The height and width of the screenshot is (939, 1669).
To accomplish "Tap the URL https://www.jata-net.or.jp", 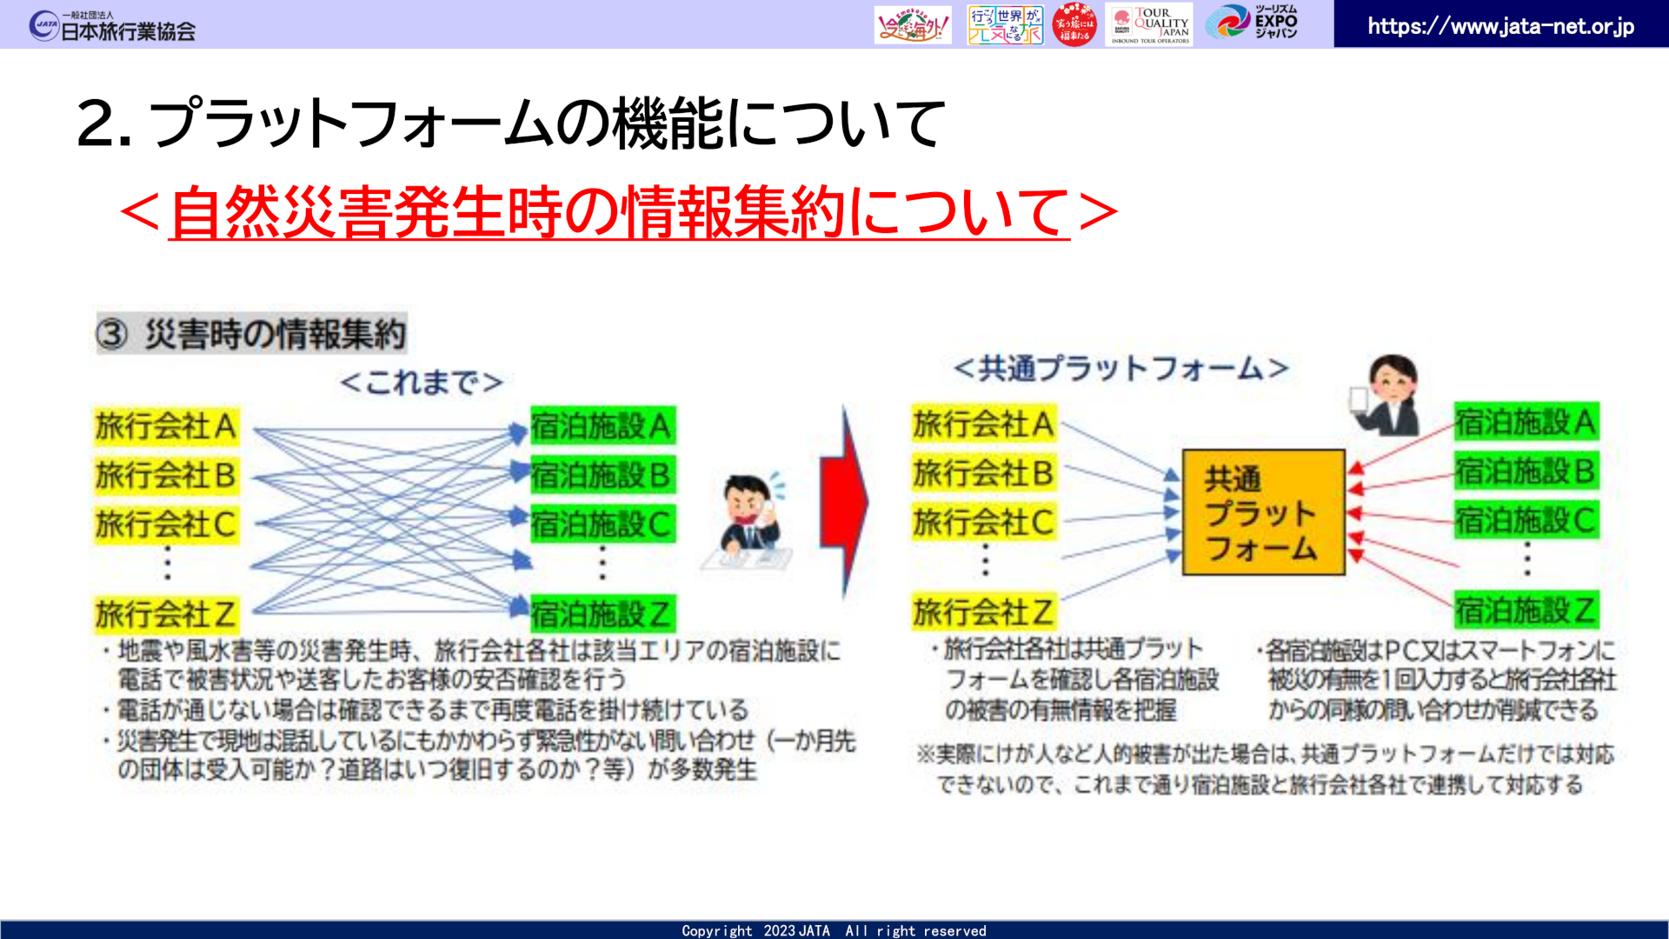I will click(x=1500, y=26).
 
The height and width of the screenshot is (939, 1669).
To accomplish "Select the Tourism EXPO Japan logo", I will click(x=1252, y=23).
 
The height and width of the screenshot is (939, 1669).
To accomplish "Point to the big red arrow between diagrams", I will click(x=843, y=503).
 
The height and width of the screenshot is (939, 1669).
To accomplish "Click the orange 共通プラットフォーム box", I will click(x=1262, y=513).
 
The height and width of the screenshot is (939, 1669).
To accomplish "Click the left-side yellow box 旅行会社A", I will click(x=165, y=427).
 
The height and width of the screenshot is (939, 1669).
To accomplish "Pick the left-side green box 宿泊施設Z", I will click(x=602, y=614).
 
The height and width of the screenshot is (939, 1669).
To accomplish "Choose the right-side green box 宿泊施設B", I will click(x=1526, y=471).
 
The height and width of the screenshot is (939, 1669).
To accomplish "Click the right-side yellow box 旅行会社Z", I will click(x=983, y=612).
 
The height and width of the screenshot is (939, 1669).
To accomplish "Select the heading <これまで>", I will click(x=422, y=383).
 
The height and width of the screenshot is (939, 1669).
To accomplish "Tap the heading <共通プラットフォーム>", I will click(x=1120, y=369).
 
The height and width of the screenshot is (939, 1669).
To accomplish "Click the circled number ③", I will click(x=112, y=335).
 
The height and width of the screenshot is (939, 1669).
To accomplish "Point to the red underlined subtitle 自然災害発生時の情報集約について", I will click(x=618, y=212).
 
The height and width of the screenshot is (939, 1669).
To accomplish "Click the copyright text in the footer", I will click(x=834, y=930).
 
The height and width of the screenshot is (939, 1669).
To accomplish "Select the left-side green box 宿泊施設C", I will click(x=602, y=524).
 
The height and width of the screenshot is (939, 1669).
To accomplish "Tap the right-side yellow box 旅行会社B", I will click(x=983, y=473).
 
